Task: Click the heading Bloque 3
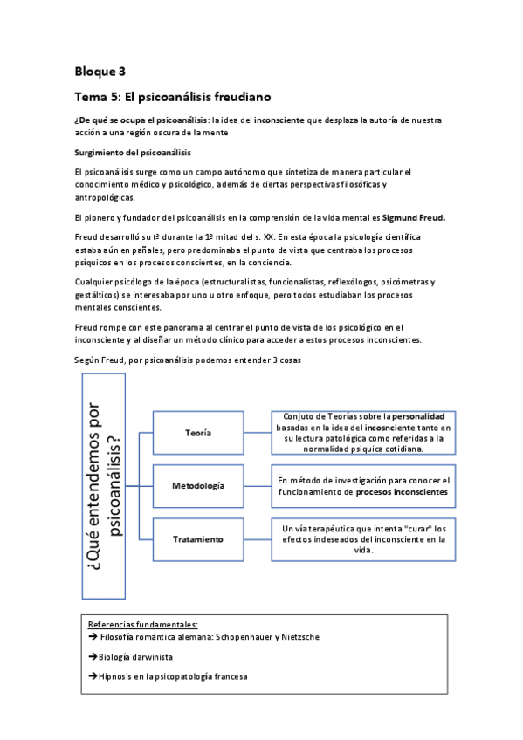coord(100,70)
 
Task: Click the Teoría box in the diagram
coord(198,433)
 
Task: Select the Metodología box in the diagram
coord(198,485)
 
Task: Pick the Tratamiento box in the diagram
coord(198,538)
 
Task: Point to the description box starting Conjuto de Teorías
coord(361,433)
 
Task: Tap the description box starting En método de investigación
coord(361,485)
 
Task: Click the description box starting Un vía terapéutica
coord(361,538)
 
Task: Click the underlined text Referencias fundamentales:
coord(142,624)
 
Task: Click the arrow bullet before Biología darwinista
coord(93,656)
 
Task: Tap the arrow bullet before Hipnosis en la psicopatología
coord(93,676)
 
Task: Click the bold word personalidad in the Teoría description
coord(418,417)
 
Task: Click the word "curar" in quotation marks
coord(415,528)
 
